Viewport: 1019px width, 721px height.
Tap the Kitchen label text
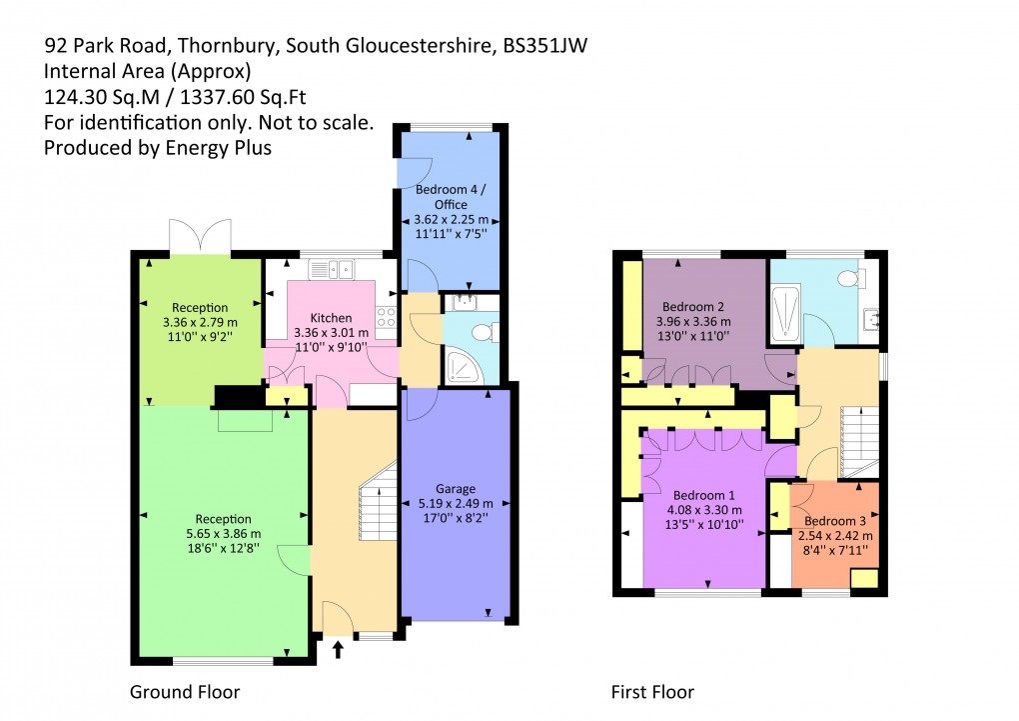(x=331, y=318)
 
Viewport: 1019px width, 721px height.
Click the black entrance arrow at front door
(x=338, y=651)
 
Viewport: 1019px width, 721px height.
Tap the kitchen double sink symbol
(x=332, y=267)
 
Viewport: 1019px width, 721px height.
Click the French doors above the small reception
(x=200, y=237)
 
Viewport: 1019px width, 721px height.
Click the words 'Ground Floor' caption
(x=185, y=692)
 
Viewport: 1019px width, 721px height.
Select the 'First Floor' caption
(x=652, y=692)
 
